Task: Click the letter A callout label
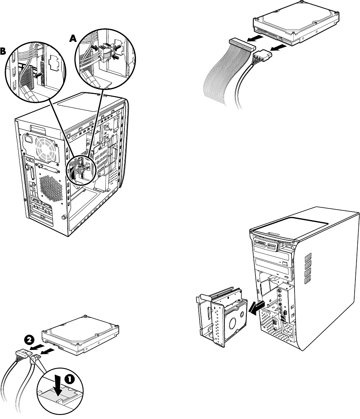point(73,39)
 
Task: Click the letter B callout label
point(3,52)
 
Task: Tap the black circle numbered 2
point(29,340)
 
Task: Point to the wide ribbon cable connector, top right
point(242,44)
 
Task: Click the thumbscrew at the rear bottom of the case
point(64,217)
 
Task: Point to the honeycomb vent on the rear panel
point(51,189)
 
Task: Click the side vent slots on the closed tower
point(308,268)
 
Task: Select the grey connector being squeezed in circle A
point(106,53)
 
